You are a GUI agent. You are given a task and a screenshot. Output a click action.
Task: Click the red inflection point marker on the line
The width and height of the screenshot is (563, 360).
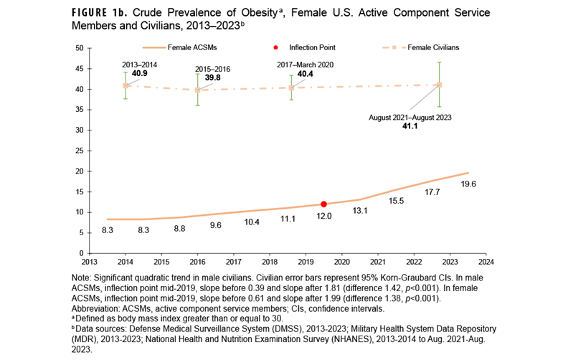pos(323,204)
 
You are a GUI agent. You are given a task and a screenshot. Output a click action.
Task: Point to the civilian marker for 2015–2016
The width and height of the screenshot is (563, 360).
pos(198,90)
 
